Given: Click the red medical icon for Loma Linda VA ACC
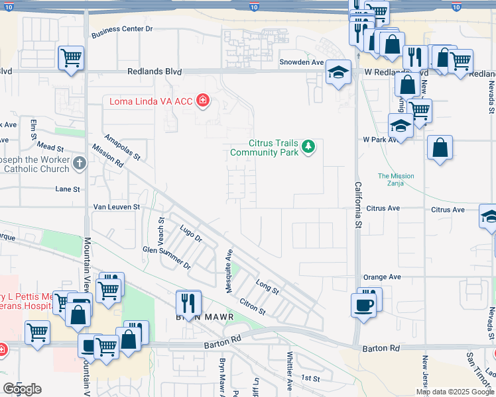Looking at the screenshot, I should (203, 101).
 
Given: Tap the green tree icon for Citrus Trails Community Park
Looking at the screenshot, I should (308, 146).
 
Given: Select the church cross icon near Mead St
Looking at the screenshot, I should (79, 163).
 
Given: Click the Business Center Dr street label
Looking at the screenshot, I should (122, 29).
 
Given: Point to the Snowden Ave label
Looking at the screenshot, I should (301, 62).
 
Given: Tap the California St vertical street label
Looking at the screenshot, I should (358, 206).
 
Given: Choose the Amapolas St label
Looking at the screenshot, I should (123, 146).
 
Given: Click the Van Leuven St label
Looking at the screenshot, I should (116, 207).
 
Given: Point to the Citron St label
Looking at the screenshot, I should (253, 306).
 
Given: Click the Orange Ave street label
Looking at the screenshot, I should (381, 277).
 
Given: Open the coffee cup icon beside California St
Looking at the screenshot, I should (364, 304).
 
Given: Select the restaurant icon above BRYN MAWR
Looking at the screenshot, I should (189, 303).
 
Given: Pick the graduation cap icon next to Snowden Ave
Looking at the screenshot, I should (338, 73).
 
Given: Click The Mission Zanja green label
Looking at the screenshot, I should (396, 180).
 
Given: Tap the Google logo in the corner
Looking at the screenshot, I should (22, 389).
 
